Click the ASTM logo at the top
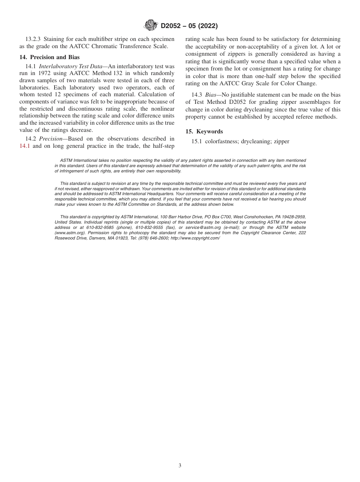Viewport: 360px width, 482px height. point(151,26)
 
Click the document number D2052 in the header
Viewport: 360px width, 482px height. point(172,26)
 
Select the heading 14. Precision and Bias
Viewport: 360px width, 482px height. point(49,57)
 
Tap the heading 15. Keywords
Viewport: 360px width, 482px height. point(204,131)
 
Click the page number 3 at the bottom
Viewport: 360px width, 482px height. point(180,466)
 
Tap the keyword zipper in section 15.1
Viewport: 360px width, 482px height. point(281,141)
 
